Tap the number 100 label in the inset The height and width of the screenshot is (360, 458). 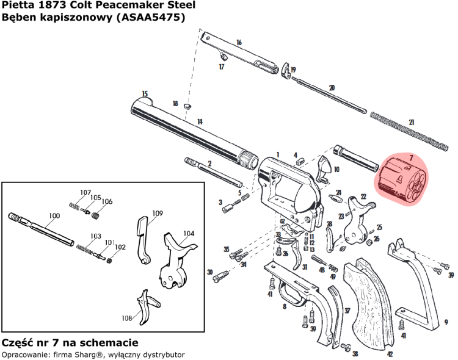click(54, 216)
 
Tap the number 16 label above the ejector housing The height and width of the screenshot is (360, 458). click(239, 42)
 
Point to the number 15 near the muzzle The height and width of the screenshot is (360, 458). click(145, 94)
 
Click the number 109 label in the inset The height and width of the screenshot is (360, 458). click(158, 213)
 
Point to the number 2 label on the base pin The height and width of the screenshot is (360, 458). click(209, 164)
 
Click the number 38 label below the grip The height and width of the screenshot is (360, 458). click(355, 353)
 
